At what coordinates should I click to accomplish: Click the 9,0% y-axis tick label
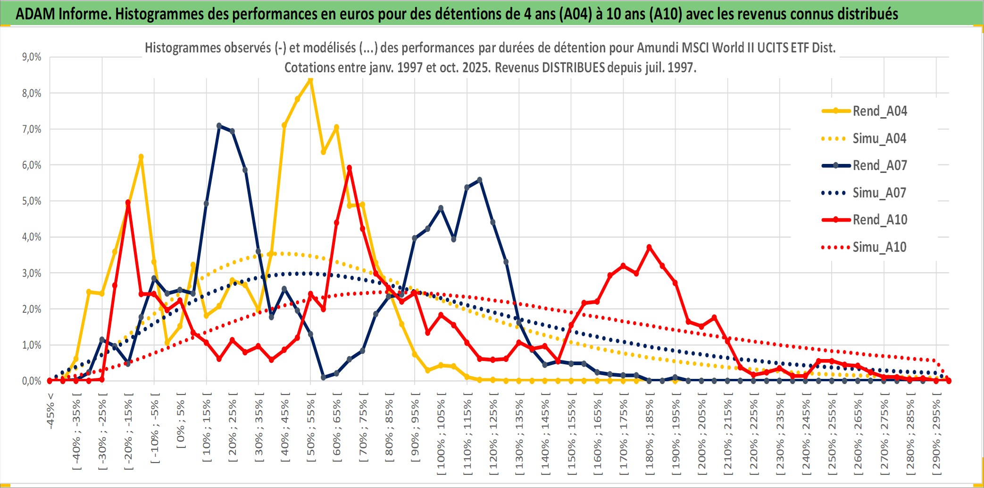(32, 57)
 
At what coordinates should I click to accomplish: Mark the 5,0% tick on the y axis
(32, 201)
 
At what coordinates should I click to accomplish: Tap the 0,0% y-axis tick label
(32, 381)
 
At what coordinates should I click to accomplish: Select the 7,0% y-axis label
(32, 129)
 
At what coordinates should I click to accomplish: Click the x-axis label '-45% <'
(50, 411)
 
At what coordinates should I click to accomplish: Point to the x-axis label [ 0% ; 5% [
(181, 420)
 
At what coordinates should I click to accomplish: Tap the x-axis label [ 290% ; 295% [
(936, 435)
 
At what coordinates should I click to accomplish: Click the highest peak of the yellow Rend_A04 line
(310, 80)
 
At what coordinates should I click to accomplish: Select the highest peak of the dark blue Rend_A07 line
(219, 126)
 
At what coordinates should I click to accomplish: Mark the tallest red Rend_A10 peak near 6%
(349, 168)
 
